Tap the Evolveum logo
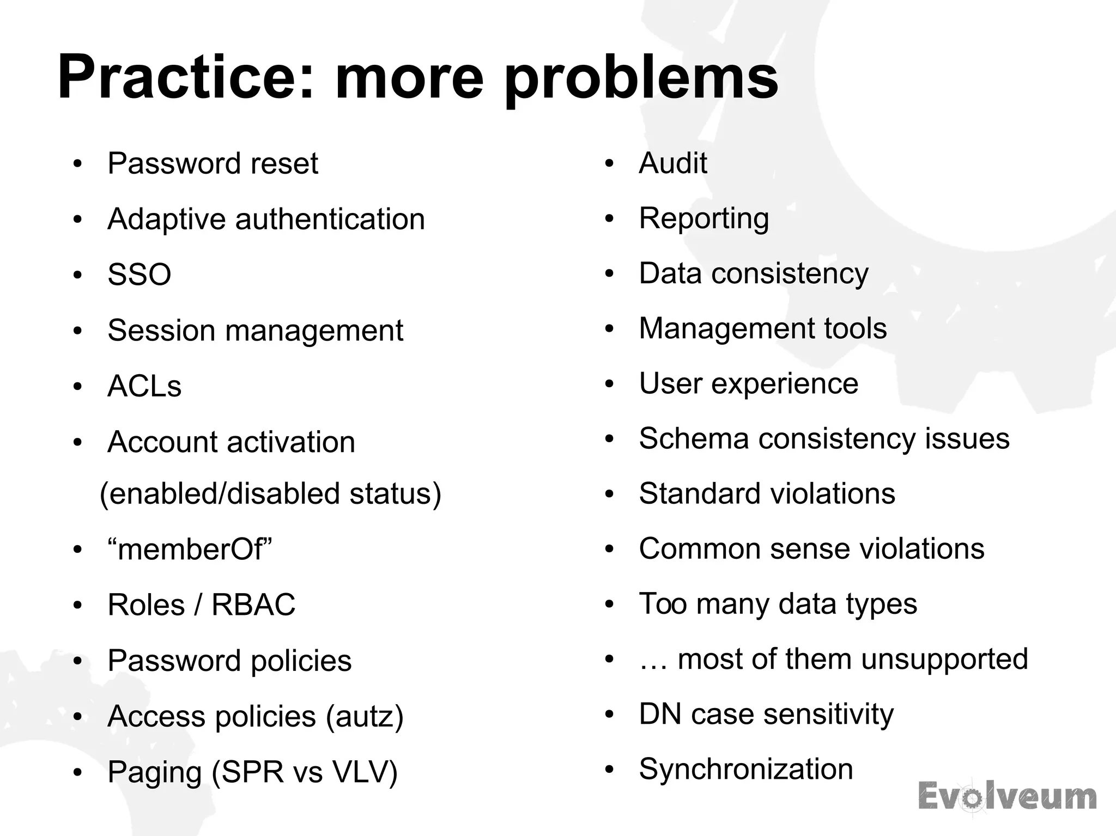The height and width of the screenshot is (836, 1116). coord(1007,796)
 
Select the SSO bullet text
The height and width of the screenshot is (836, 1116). coord(139,274)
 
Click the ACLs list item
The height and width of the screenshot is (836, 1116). coord(144,386)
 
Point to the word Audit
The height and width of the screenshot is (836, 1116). coord(673,163)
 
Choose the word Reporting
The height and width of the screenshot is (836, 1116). coord(704,218)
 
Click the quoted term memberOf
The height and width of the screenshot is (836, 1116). coord(190,549)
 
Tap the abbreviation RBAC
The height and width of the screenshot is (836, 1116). coord(253,605)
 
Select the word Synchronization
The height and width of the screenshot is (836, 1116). coord(746,769)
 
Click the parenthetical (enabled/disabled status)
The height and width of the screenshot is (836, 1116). coord(270,493)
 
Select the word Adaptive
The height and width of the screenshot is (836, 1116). coord(166,219)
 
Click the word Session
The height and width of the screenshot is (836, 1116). coord(161,331)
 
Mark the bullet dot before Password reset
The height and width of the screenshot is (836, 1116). coord(77,164)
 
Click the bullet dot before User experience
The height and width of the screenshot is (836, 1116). coord(609,384)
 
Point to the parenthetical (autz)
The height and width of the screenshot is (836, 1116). coord(365,716)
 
